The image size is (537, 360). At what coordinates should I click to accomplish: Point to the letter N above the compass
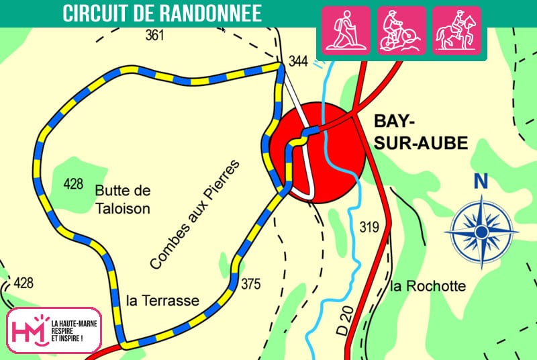pos(480,181)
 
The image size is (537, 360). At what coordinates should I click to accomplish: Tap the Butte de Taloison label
pos(122,199)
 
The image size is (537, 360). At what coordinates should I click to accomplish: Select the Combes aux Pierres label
pos(195,214)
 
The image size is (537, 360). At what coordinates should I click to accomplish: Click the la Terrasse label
pos(162,301)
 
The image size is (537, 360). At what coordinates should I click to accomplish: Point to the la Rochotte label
pos(428,287)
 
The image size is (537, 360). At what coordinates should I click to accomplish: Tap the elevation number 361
pos(154,36)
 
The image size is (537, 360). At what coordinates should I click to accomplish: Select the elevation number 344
pos(298,62)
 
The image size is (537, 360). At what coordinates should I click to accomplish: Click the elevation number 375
pos(250,284)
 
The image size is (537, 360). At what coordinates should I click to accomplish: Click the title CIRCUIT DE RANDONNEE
pos(162,13)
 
